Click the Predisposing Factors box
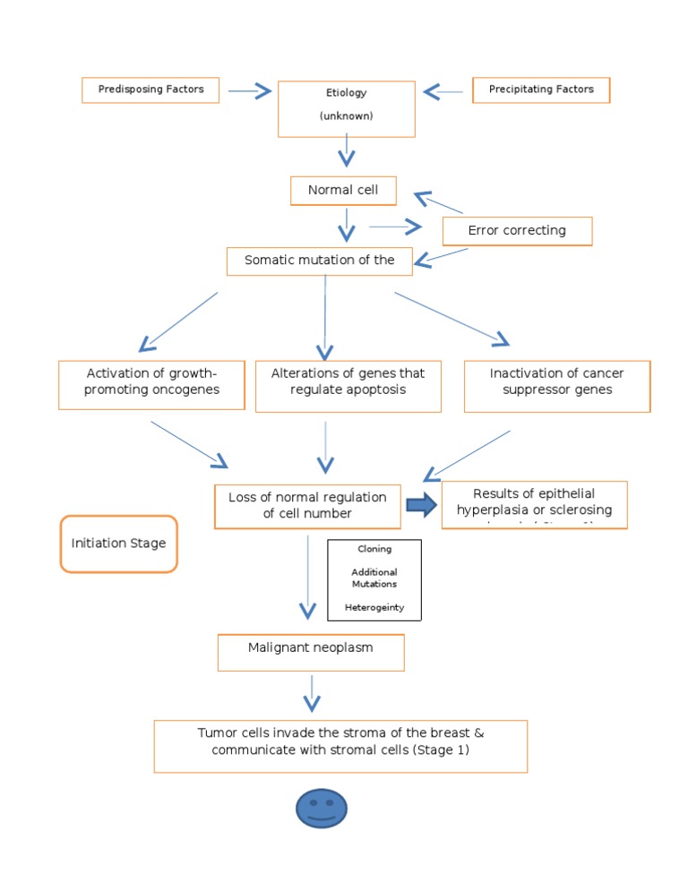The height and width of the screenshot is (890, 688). pos(150,90)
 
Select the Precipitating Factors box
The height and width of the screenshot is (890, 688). pos(541,90)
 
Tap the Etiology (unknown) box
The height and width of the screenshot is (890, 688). pos(346,108)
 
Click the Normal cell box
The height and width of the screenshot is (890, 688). pos(343,190)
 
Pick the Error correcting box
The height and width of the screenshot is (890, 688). pos(517,231)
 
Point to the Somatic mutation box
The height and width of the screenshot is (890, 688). pos(320,261)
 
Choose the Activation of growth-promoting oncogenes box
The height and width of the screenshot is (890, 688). pos(151,384)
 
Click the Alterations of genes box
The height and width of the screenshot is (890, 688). pos(348,386)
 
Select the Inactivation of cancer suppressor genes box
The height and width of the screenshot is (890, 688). pos(556,386)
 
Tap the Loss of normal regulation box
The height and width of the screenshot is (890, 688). pos(307,506)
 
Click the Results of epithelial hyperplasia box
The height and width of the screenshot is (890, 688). pos(534,505)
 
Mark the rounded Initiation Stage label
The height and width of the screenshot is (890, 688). pos(118,543)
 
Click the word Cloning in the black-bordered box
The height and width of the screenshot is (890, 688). pos(374,549)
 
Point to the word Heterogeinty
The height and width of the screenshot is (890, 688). pos(374,607)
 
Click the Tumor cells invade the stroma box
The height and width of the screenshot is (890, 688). pos(340,746)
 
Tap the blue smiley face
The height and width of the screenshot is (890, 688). pos(321,809)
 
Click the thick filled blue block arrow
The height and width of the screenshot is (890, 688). pos(420,505)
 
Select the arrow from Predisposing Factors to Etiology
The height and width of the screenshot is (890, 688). pos(248,90)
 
